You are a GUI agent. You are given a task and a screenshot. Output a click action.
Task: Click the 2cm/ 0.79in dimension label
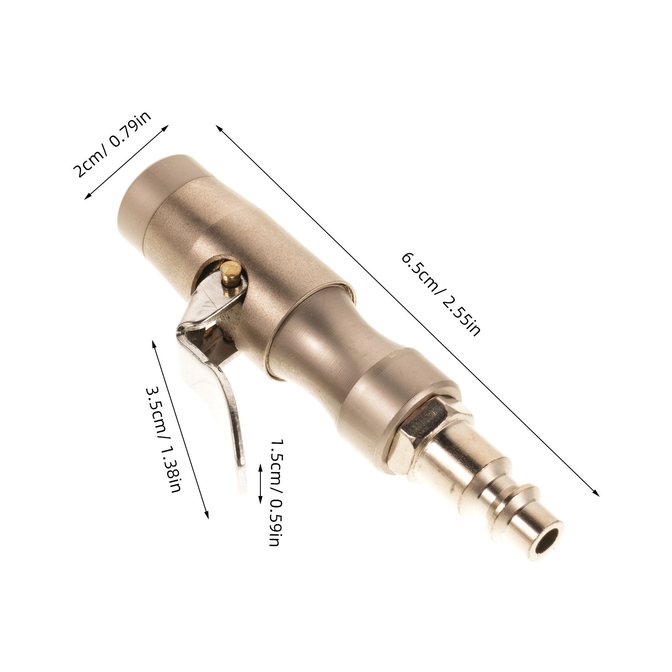113,144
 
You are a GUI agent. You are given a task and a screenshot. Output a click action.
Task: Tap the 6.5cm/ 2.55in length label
441,294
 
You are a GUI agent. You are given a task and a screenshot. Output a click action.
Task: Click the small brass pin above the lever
231,273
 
